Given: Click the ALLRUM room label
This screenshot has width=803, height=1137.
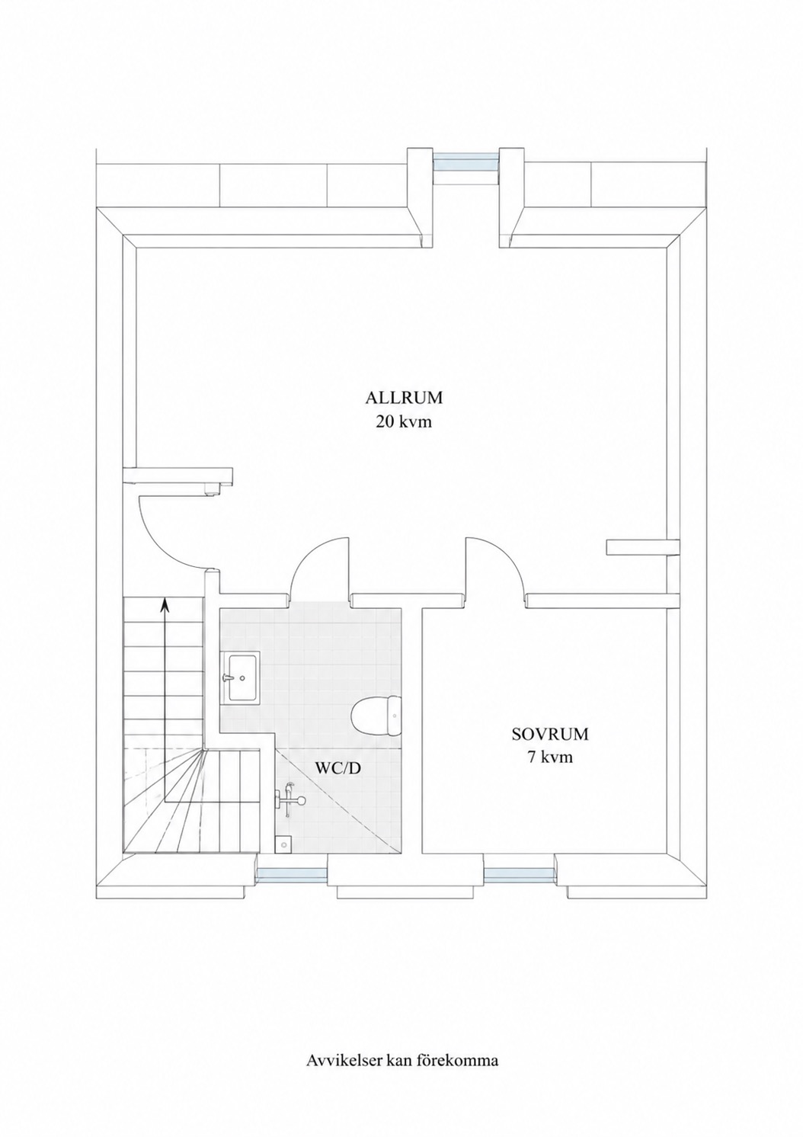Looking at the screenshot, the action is click(x=404, y=398).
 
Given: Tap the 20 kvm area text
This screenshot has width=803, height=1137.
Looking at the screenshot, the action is click(x=404, y=421).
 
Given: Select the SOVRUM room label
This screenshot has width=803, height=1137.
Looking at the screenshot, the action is click(x=550, y=735).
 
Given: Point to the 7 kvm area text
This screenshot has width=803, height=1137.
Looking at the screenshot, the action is click(x=550, y=757).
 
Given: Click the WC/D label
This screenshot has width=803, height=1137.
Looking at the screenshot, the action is click(x=338, y=783).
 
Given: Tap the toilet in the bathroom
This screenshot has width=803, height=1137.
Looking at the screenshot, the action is click(x=376, y=716).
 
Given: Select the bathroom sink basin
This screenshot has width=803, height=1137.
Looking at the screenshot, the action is click(x=241, y=677).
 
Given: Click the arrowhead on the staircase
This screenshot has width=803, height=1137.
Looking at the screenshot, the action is click(x=164, y=603).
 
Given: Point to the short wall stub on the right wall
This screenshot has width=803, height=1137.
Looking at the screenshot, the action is click(x=642, y=547).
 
